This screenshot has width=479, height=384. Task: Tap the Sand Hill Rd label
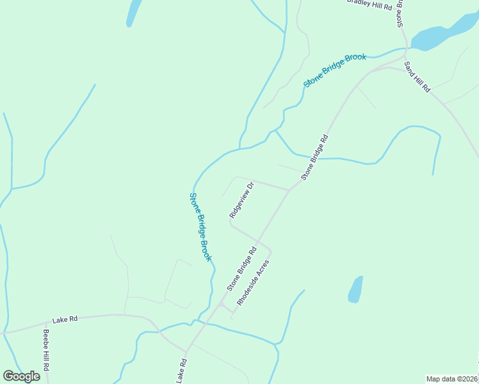click(x=418, y=77)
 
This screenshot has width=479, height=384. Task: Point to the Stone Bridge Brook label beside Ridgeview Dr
click(x=200, y=227)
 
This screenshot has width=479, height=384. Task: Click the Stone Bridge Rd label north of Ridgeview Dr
click(x=314, y=157)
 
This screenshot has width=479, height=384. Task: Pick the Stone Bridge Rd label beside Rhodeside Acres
click(x=241, y=269)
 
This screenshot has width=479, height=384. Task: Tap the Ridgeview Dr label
click(x=242, y=200)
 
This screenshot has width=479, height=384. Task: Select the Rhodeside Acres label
click(x=254, y=282)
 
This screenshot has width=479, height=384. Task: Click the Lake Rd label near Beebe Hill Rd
click(x=64, y=318)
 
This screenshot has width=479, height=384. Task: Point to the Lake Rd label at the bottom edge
click(x=182, y=371)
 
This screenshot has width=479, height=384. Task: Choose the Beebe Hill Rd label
click(x=46, y=351)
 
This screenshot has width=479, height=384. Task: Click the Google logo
click(x=21, y=376)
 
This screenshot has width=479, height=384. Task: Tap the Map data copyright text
click(x=451, y=379)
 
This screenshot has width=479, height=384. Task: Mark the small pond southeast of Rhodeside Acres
click(x=355, y=289)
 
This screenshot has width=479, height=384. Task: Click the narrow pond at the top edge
click(x=134, y=12)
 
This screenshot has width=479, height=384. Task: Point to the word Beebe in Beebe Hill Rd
click(x=45, y=339)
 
